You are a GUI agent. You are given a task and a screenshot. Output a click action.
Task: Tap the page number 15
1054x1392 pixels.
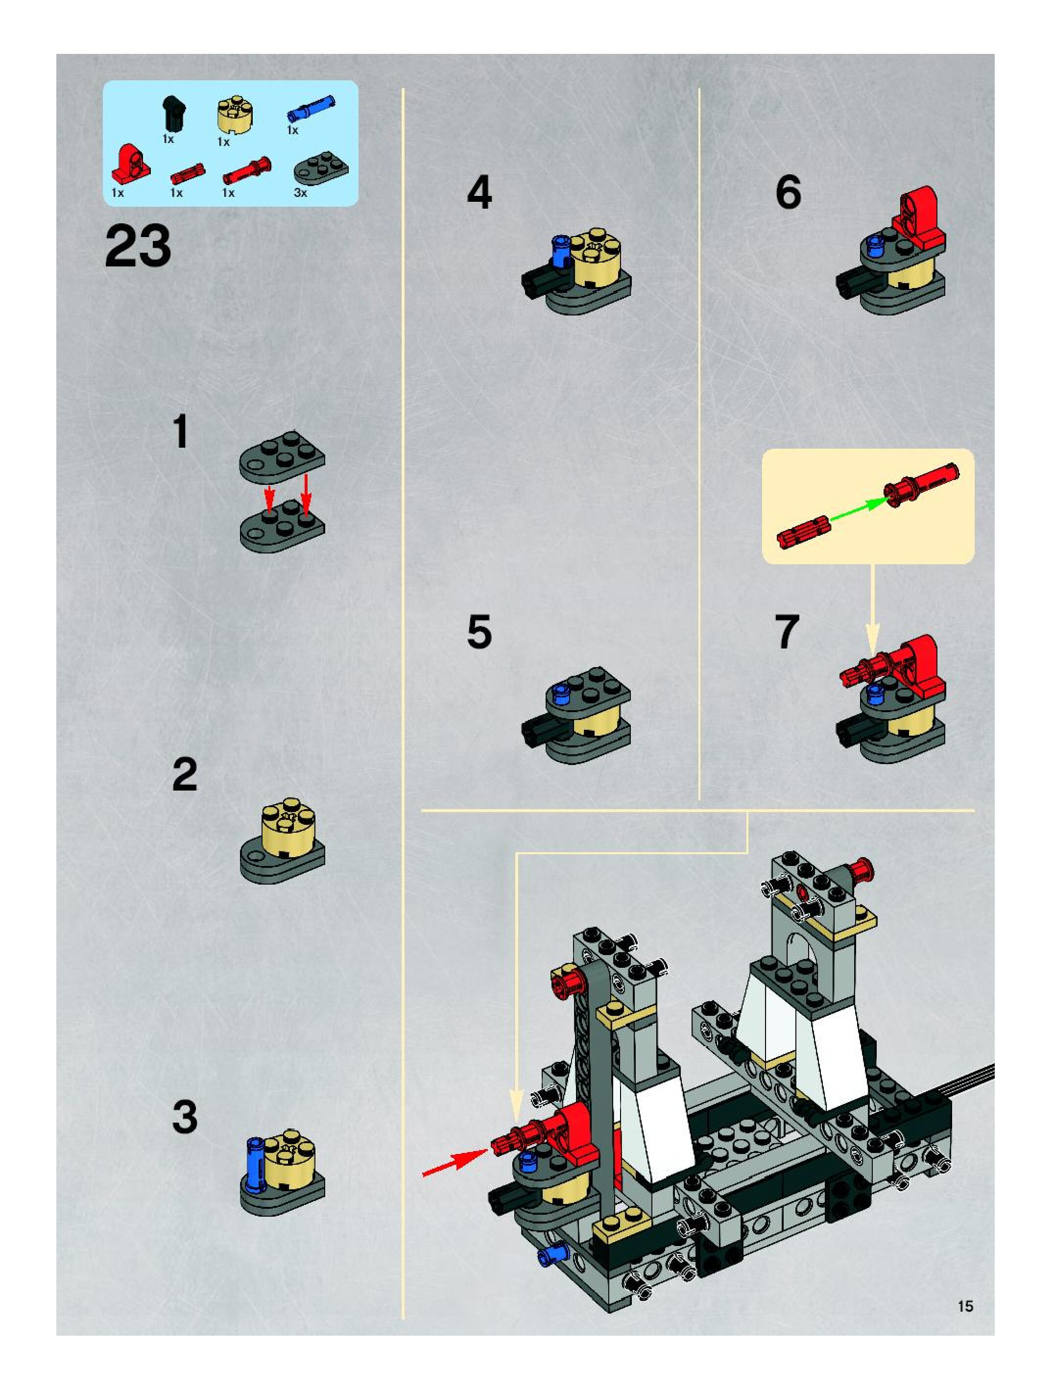965,1306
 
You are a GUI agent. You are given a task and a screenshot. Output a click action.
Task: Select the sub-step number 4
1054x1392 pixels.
479,192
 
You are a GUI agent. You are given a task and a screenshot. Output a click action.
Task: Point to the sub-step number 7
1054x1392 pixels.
787,632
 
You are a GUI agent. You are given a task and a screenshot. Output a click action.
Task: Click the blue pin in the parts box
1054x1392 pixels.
311,109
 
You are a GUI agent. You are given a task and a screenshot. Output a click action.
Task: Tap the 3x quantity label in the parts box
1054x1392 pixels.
300,193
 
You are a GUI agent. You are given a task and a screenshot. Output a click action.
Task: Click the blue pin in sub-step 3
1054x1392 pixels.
256,1159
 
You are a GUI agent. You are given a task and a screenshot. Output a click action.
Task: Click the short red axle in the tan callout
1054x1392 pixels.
804,534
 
